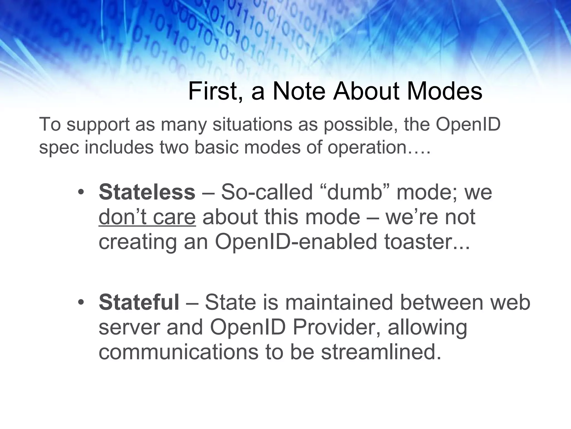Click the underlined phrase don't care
(x=147, y=217)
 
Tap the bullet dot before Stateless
(x=81, y=193)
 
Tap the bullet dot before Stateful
(x=81, y=303)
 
